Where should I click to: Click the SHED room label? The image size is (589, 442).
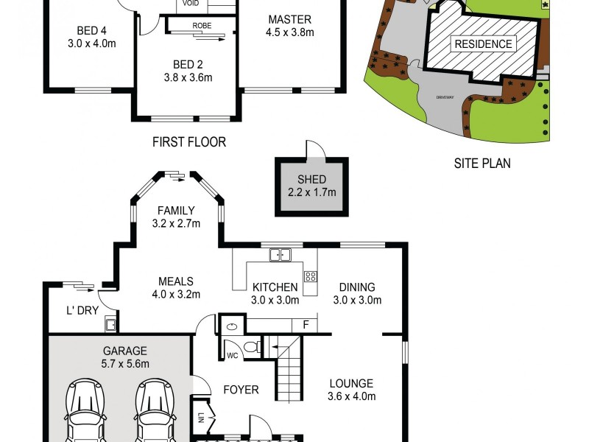[x=311, y=180]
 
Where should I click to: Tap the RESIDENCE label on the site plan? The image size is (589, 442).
[x=483, y=43]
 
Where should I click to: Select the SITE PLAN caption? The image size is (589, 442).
[x=482, y=164]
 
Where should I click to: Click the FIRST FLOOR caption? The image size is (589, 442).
[x=188, y=141]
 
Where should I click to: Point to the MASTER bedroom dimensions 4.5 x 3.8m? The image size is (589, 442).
[x=289, y=32]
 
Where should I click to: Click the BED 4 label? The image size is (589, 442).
[x=91, y=31]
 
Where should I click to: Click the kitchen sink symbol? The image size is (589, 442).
[x=280, y=256]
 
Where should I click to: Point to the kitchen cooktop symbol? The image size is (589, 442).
[x=311, y=277]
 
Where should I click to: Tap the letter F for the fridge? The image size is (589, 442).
[x=305, y=324]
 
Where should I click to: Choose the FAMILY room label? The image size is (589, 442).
[x=175, y=211]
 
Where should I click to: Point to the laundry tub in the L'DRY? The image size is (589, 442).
[x=110, y=323]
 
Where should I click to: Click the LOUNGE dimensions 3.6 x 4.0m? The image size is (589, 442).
[x=352, y=396]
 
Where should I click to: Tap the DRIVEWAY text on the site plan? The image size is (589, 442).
[x=443, y=96]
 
